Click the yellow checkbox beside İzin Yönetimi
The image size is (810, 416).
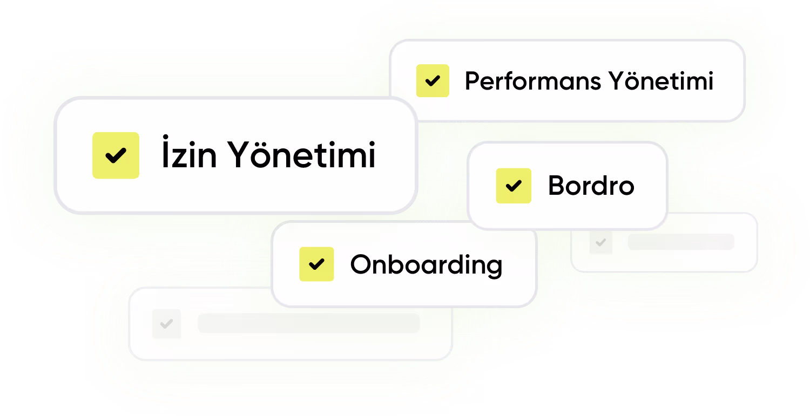click(x=116, y=155)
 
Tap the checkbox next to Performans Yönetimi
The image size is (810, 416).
click(x=433, y=81)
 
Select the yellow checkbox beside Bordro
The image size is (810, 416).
click(x=514, y=186)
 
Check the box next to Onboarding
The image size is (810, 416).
click(x=316, y=264)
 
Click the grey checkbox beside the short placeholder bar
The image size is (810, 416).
click(x=600, y=243)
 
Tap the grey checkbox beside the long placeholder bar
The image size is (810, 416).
click(x=166, y=324)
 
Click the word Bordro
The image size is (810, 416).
click(x=591, y=186)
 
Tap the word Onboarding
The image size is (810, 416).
click(x=426, y=265)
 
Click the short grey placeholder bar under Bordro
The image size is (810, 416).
click(x=680, y=242)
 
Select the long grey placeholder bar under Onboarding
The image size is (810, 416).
click(x=308, y=323)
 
